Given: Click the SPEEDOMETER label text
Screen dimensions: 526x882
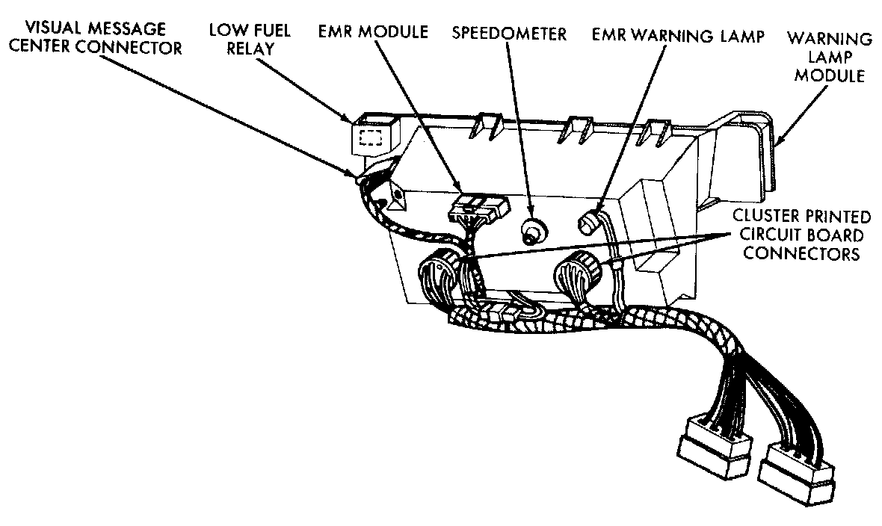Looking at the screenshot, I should point(509,34).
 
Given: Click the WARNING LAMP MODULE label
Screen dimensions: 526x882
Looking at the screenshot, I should point(830,57).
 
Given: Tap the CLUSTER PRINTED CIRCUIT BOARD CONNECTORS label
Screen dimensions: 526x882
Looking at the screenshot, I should point(800,235).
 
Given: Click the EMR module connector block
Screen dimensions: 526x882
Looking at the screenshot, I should point(476,210).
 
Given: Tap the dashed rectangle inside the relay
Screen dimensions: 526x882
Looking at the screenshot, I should point(372,137).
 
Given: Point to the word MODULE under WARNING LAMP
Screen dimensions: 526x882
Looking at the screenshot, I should point(830,75).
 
